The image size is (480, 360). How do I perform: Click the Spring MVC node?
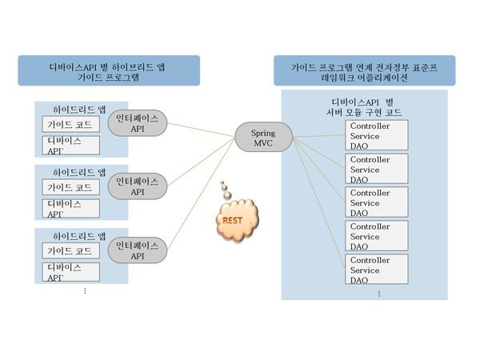click(263, 137)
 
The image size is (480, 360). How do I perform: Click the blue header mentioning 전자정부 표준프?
click(364, 70)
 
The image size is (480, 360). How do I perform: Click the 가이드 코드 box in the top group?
click(71, 125)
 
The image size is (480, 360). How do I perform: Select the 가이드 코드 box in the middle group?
click(71, 188)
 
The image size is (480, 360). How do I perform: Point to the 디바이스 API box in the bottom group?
click(71, 272)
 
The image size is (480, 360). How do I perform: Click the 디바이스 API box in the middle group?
click(71, 208)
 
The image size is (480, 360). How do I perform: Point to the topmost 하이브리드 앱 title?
click(79, 108)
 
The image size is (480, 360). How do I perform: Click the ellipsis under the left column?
click(85, 290)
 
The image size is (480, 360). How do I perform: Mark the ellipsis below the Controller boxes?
click(379, 293)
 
